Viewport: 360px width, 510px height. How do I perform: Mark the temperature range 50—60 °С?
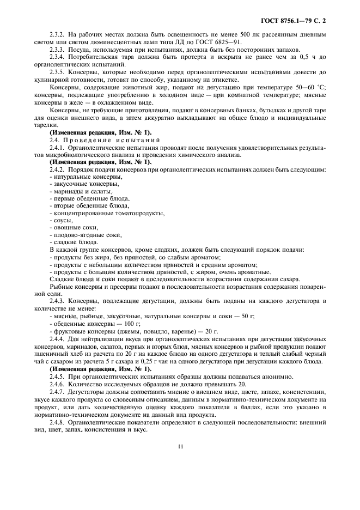[x=301, y=87]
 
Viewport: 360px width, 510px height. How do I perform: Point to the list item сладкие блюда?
[x=75, y=242]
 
